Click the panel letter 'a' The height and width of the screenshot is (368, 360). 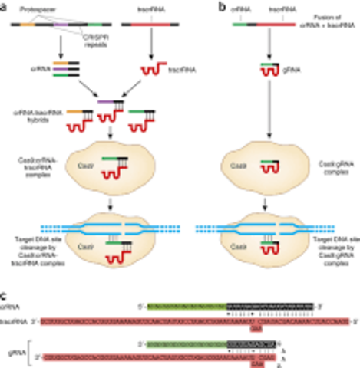(5, 6)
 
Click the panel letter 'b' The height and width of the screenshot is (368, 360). (201, 6)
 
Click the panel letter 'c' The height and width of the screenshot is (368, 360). (5, 294)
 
